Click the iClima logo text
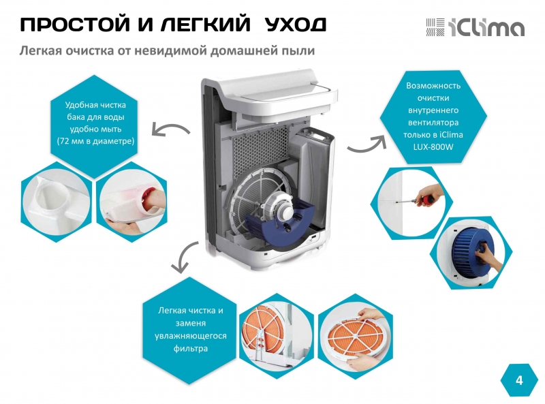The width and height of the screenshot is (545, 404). pos(486,27)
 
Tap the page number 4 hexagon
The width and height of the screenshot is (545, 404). pos(519,380)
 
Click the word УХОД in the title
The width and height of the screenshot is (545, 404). pos(296,25)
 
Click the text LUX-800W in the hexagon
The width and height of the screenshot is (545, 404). pos(433,146)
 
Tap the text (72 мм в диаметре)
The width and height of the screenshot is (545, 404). pos(95,141)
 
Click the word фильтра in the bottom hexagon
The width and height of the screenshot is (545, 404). pos(191,348)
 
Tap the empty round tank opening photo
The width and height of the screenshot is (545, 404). pos(56,202)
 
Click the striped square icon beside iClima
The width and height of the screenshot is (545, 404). pos(435,27)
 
